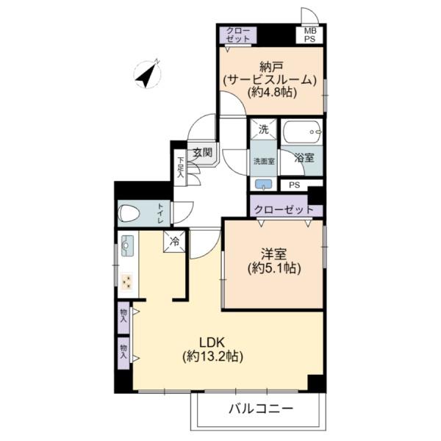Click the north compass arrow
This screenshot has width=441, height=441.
pos(147,74)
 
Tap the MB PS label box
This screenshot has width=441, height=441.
pos(309,35)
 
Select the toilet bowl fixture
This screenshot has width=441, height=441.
pos(129,213)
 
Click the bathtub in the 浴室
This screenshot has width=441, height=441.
pos(302,132)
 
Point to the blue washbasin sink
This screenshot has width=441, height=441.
pos(263,184)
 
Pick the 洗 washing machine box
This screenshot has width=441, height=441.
pos(264,129)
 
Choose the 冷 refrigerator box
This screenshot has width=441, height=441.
pos(175,241)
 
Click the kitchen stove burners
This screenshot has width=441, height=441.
pos(127,281)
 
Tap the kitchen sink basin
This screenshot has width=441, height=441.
pos(127,245)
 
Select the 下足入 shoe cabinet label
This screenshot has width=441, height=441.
pos(180,167)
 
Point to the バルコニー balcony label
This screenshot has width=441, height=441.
pos(261,408)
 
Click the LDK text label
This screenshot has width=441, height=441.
pos(212,343)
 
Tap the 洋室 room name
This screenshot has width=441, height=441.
pos(273,254)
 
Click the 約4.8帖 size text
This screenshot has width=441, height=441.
pos(272,93)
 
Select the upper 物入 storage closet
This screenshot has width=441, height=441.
pos(123,318)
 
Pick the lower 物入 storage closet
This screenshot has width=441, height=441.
pos(123,354)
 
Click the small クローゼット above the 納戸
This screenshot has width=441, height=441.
pos(238,35)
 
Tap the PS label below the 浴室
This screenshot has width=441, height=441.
pos(295,185)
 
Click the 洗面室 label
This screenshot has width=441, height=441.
pos(264,161)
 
